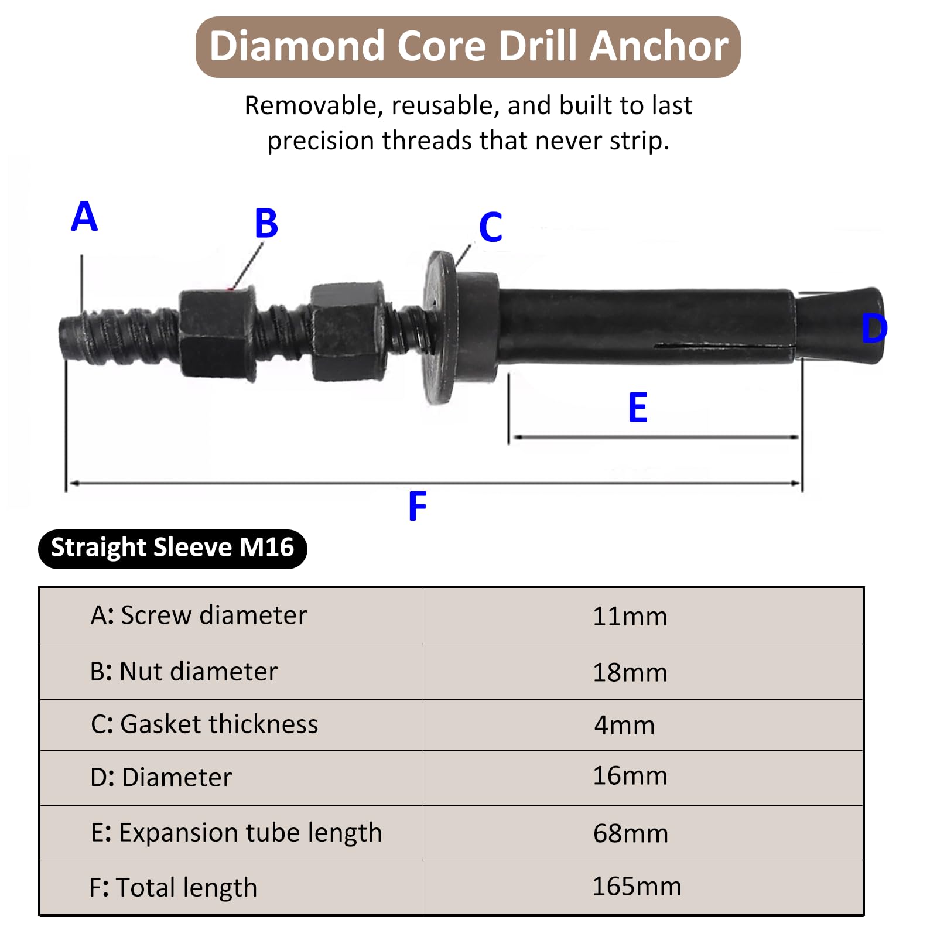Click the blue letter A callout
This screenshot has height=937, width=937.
84,216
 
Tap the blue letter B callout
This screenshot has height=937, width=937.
266,223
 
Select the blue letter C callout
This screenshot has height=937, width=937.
491,227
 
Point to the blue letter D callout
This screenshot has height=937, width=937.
874,329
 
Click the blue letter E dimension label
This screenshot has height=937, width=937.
638,408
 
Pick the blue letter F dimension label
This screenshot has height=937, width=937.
418,507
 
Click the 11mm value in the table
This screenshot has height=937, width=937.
630,617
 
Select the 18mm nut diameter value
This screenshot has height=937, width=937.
630,673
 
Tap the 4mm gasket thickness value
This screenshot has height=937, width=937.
624,726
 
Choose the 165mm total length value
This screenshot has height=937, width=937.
637,886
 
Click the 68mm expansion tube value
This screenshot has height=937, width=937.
631,833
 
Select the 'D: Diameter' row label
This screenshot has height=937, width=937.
161,778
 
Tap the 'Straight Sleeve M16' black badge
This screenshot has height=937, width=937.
173,549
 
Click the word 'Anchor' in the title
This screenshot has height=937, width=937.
659,46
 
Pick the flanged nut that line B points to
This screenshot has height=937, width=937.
217,333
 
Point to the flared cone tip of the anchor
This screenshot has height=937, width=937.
840,326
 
